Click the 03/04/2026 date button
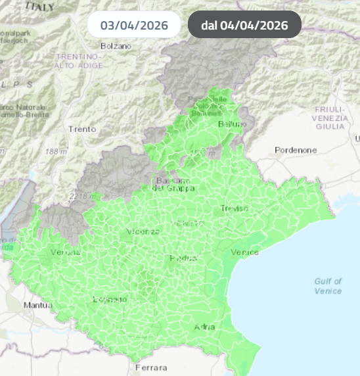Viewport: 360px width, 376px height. tap(135, 26)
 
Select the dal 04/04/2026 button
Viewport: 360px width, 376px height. tap(244, 26)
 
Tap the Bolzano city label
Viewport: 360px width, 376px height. tap(116, 46)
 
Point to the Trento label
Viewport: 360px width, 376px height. tap(82, 129)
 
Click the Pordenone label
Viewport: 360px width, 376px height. tap(296, 150)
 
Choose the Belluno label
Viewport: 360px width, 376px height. tap(232, 124)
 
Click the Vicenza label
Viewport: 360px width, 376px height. tap(143, 232)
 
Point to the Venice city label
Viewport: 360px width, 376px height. tap(245, 252)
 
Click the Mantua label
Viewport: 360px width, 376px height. tap(37, 305)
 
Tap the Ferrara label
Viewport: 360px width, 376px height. tap(150, 367)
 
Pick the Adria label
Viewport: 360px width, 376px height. tap(205, 327)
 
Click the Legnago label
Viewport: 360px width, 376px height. tap(110, 300)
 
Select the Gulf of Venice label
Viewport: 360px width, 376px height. tap(328, 286)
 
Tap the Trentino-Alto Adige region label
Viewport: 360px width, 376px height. tap(79, 61)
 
